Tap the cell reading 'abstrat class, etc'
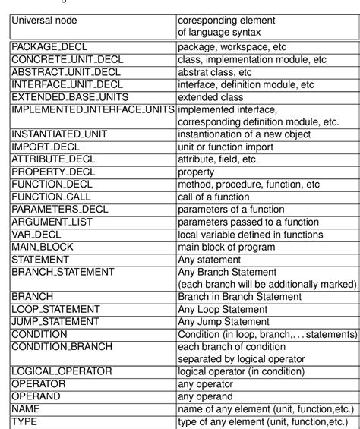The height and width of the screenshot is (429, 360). tap(219, 73)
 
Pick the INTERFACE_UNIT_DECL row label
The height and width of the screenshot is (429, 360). tap(67, 85)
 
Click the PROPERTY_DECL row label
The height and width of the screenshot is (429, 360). tap(53, 171)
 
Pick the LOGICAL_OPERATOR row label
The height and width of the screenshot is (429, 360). tap(62, 371)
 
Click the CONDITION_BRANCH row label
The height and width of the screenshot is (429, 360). tap(62, 346)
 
